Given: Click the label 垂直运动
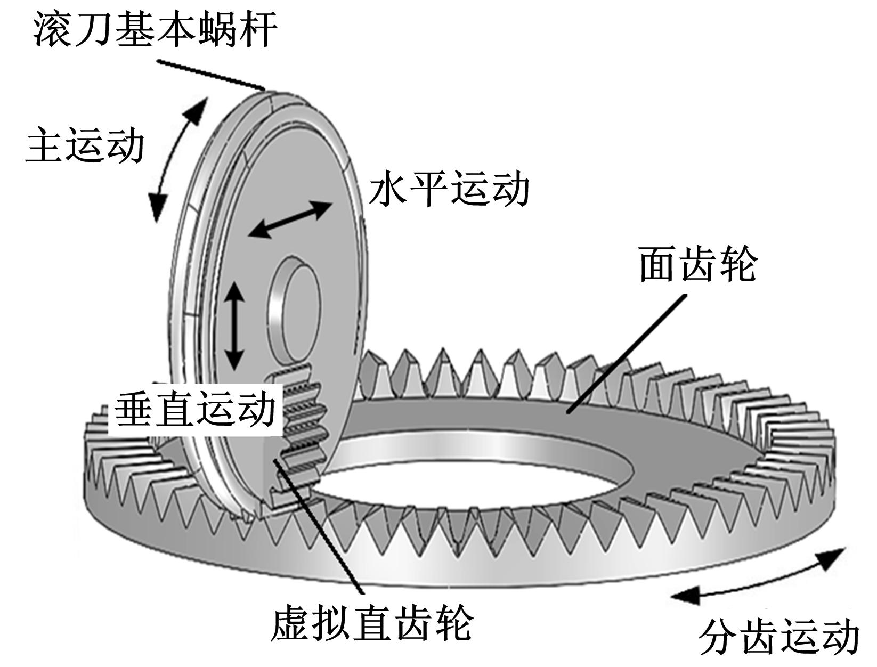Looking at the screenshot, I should pos(195,409).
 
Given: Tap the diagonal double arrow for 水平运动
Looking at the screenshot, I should pos(290,219).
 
